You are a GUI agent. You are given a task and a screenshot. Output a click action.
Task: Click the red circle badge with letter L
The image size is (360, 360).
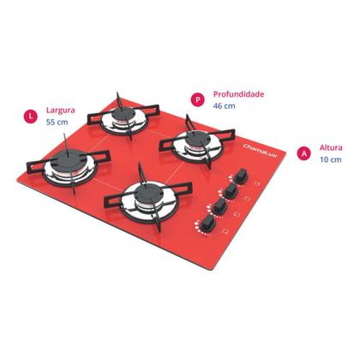[31, 114]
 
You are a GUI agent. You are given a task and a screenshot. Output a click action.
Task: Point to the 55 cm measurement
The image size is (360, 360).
[57, 123]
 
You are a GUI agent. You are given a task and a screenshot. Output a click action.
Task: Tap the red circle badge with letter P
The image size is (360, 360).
[197, 99]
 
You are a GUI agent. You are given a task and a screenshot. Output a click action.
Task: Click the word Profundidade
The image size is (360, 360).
[238, 94]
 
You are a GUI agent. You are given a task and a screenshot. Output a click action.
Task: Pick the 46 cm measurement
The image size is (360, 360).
[224, 106]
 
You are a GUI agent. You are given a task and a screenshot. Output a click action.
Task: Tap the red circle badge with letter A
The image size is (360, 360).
[303, 153]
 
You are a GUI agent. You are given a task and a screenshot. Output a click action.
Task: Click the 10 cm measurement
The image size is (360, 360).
[330, 160]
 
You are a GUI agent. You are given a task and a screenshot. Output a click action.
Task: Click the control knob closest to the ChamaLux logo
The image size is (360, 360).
[243, 174]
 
